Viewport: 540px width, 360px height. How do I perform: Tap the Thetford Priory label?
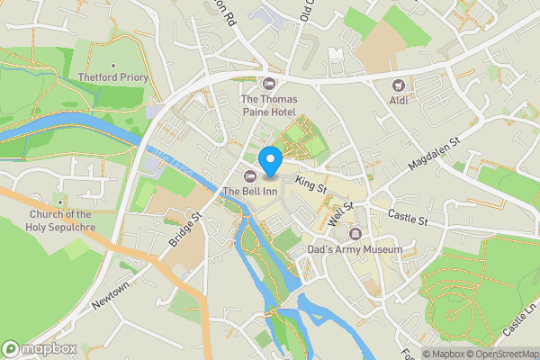coord(112,77)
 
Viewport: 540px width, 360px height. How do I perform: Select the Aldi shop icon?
coord(396,84)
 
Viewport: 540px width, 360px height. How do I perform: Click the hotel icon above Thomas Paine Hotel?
coord(268,83)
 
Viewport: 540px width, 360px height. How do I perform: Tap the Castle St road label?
coord(408,216)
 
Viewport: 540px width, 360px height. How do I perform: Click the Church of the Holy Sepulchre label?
coord(61,220)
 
